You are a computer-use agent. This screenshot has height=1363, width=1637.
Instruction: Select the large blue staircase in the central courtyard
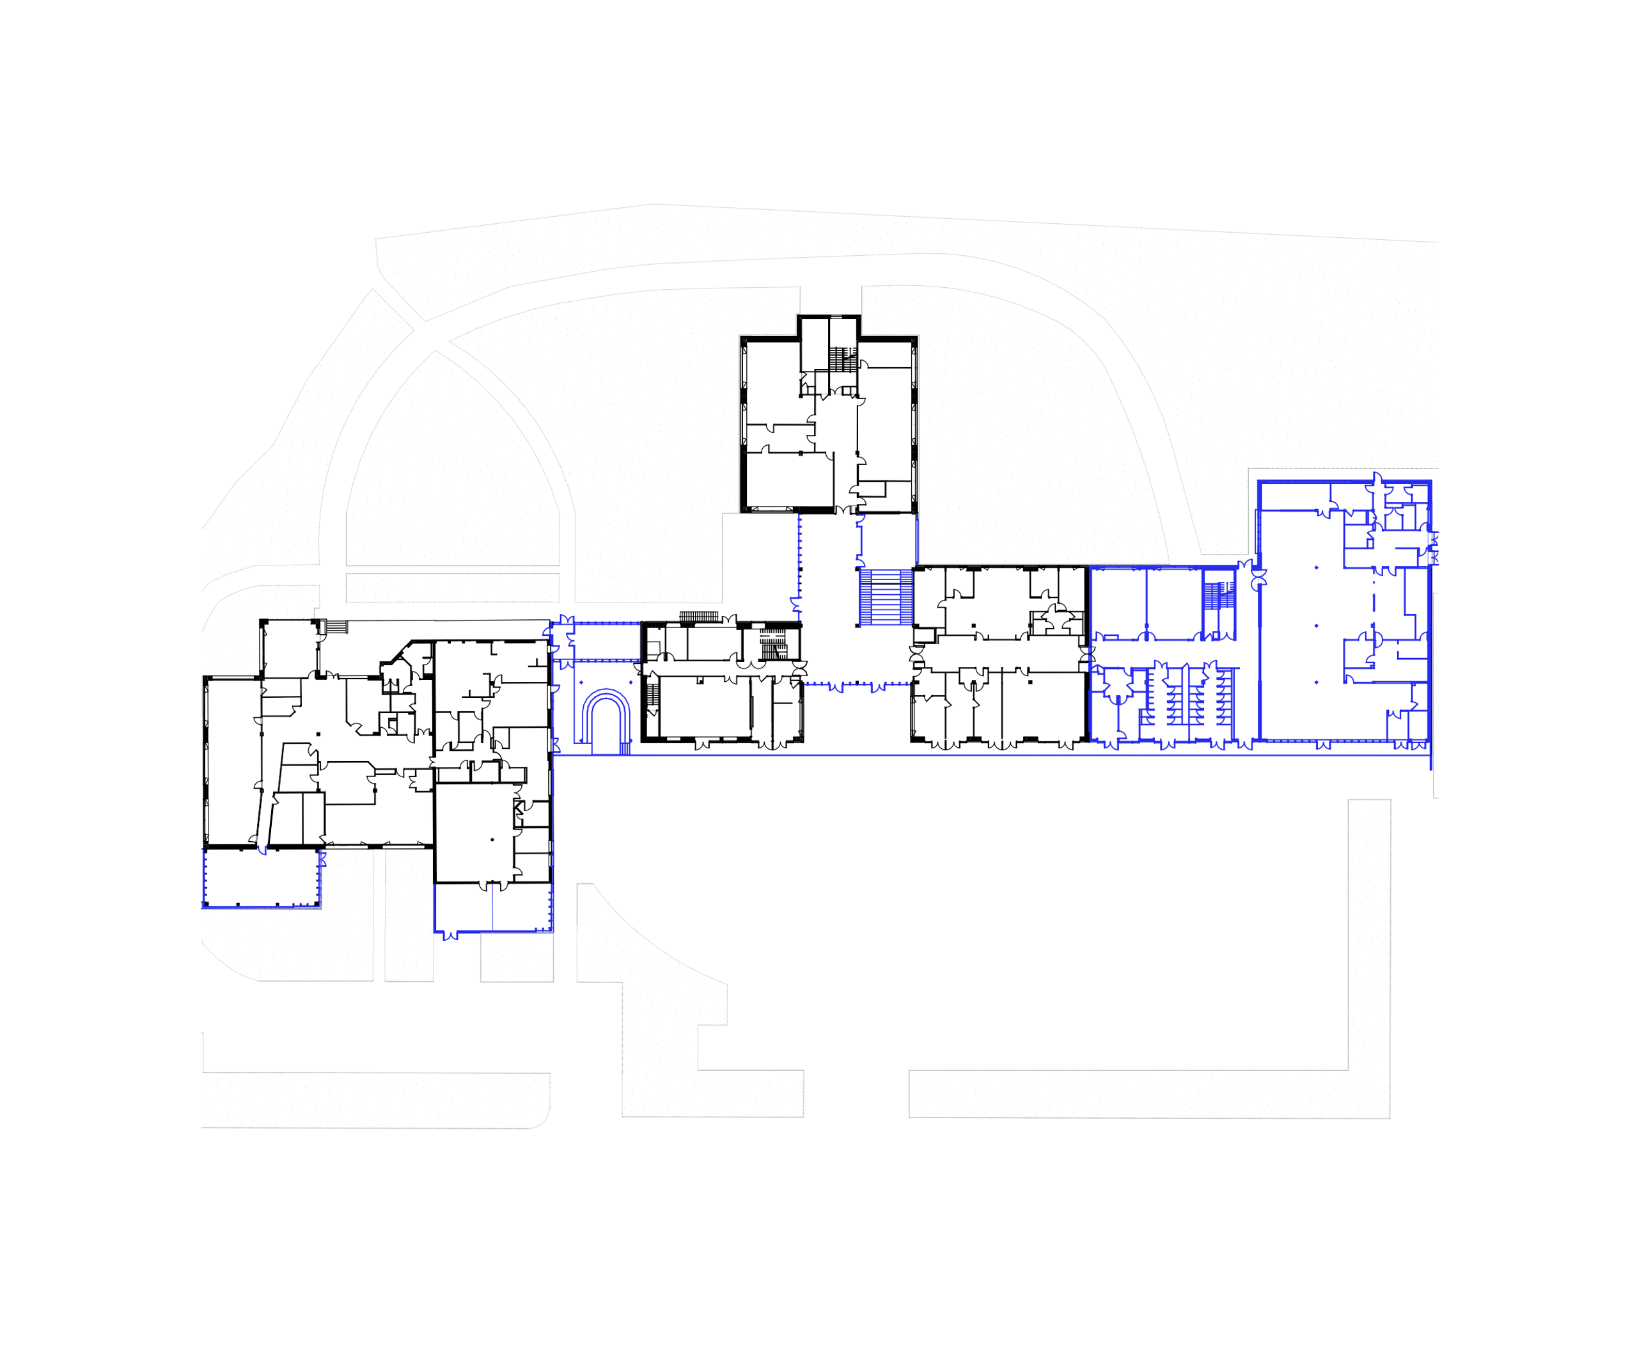pyautogui.click(x=886, y=598)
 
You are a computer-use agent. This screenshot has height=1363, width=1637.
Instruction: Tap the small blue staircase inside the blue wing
pyautogui.click(x=1218, y=595)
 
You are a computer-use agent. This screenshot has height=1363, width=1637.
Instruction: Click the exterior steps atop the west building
pyautogui.click(x=336, y=627)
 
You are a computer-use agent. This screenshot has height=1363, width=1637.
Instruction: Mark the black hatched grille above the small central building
pyautogui.click(x=698, y=617)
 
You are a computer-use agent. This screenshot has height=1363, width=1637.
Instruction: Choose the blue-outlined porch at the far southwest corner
pyautogui.click(x=261, y=878)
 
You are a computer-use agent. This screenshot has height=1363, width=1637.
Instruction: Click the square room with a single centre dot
pyautogui.click(x=474, y=833)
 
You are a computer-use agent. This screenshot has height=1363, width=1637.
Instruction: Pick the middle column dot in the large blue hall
pyautogui.click(x=1317, y=626)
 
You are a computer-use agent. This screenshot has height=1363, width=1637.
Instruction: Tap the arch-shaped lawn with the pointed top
pyautogui.click(x=452, y=468)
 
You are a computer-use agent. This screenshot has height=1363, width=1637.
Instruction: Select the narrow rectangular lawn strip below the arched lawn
pyautogui.click(x=452, y=588)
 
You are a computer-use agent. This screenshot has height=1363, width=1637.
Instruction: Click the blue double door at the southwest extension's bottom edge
pyautogui.click(x=450, y=936)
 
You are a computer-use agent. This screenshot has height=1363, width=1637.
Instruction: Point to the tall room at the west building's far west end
pyautogui.click(x=231, y=760)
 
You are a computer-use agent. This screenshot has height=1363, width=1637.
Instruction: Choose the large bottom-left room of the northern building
pyautogui.click(x=789, y=480)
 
